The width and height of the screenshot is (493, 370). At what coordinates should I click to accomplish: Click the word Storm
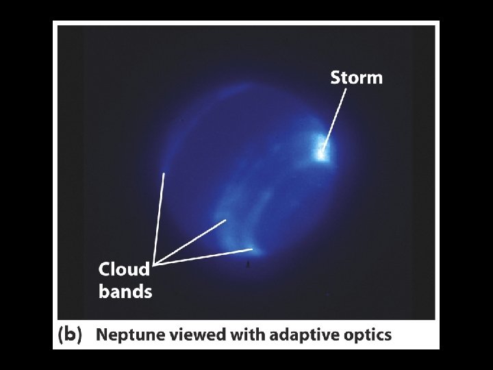pos(356,77)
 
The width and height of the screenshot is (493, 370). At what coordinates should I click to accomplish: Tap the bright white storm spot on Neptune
pos(320,149)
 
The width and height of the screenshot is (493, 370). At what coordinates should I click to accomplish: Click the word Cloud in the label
pos(124,269)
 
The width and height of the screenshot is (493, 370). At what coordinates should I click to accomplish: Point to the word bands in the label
pos(125,292)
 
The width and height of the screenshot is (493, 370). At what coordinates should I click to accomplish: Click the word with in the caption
pos(245,335)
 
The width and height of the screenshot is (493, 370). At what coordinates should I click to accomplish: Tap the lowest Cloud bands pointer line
pos(204,256)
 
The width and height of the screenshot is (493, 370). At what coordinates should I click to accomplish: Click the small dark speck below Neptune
pos(248,262)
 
